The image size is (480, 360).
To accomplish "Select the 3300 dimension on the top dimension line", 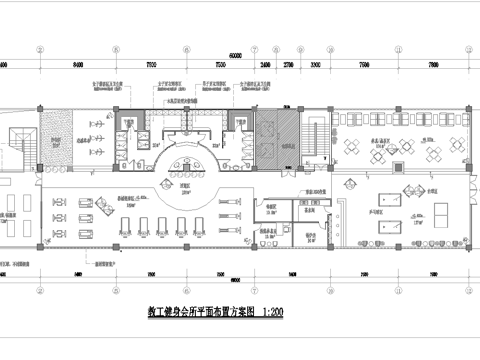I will (x=315, y=64).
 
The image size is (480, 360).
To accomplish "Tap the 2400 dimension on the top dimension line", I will (x=264, y=64).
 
